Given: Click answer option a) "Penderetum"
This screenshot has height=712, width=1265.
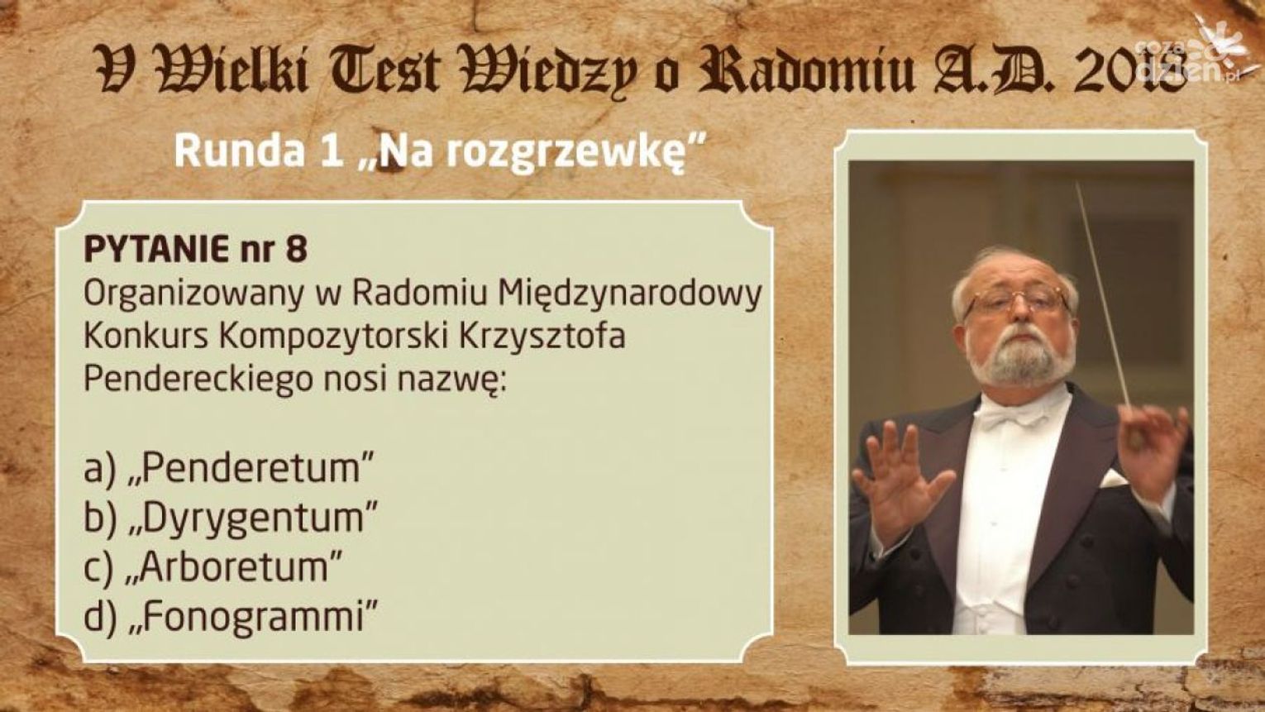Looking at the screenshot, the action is (229, 468).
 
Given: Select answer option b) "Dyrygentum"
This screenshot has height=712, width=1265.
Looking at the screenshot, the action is (230, 518).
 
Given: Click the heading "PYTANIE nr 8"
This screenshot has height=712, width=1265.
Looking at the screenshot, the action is (195, 250).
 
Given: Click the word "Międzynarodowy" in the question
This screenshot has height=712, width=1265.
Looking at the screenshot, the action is (631, 295).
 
